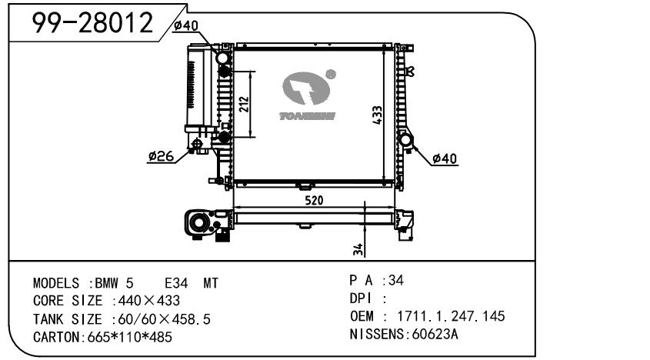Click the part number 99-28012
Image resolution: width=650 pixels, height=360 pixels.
[92, 22]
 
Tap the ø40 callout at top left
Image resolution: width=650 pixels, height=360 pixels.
[186, 25]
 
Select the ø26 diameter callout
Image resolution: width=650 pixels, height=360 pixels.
[161, 156]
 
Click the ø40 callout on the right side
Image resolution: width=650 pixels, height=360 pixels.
[445, 158]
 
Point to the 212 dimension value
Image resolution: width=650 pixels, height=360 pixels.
[244, 104]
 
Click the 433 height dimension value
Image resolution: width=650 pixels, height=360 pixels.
[377, 115]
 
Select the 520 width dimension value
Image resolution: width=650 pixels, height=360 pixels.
[314, 200]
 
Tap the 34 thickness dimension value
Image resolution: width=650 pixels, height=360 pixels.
[358, 249]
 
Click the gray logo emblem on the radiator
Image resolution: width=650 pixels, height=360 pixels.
[306, 88]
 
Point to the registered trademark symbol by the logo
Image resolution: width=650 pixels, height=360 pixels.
[331, 75]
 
